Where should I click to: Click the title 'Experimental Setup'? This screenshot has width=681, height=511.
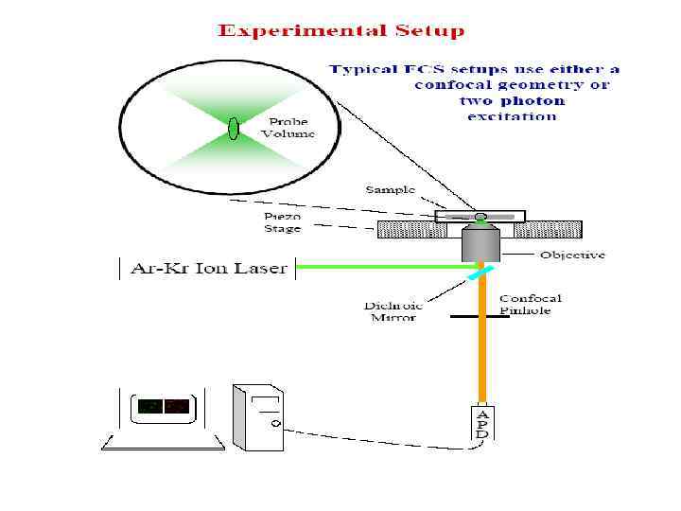pyautogui.click(x=341, y=31)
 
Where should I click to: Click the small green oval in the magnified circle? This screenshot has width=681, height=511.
pyautogui.click(x=232, y=129)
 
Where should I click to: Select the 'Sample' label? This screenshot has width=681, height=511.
pyautogui.click(x=391, y=190)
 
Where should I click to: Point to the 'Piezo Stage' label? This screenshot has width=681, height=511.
pyautogui.click(x=283, y=221)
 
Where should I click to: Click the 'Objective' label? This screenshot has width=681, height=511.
pyautogui.click(x=572, y=255)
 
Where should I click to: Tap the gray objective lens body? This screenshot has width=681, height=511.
pyautogui.click(x=480, y=244)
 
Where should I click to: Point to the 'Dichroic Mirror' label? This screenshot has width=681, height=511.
pyautogui.click(x=394, y=311)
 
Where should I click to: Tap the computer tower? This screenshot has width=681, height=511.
pyautogui.click(x=258, y=415)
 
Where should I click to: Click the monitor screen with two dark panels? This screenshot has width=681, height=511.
pyautogui.click(x=163, y=407)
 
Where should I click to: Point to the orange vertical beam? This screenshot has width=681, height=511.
pyautogui.click(x=482, y=360)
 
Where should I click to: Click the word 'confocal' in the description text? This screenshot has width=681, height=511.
pyautogui.click(x=454, y=84)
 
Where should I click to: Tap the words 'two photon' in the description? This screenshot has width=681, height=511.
pyautogui.click(x=512, y=100)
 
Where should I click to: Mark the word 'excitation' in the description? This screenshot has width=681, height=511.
pyautogui.click(x=512, y=116)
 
